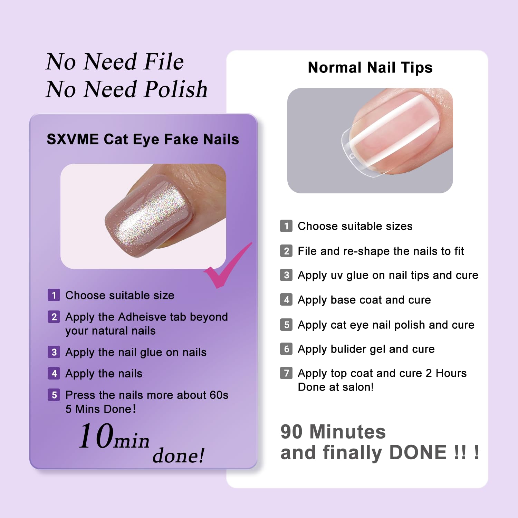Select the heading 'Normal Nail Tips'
pos(370,68)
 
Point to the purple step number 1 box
pos(54,295)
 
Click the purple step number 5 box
pos(54,395)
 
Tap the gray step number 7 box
pos(286,373)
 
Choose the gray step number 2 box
pos(286,251)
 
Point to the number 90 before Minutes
pos(291,432)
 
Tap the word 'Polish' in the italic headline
pos(176,89)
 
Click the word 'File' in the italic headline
pos(164,61)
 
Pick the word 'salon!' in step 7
pos(358,387)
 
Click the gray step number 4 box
pos(286,299)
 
